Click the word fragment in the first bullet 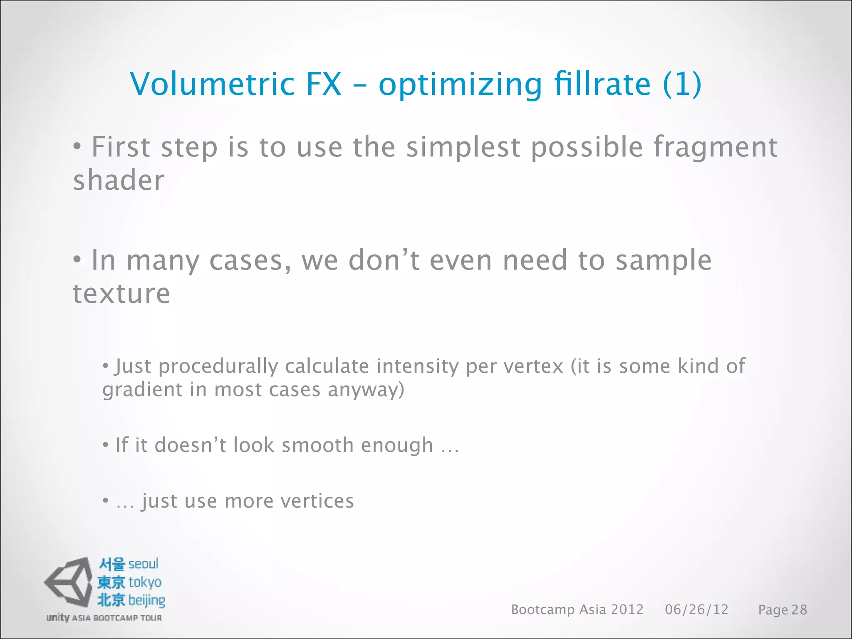716,148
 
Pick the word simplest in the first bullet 463,147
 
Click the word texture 121,294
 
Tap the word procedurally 218,367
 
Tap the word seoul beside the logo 143,564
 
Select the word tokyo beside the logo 145,582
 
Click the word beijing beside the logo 146,600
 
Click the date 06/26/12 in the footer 696,609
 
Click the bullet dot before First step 77,146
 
